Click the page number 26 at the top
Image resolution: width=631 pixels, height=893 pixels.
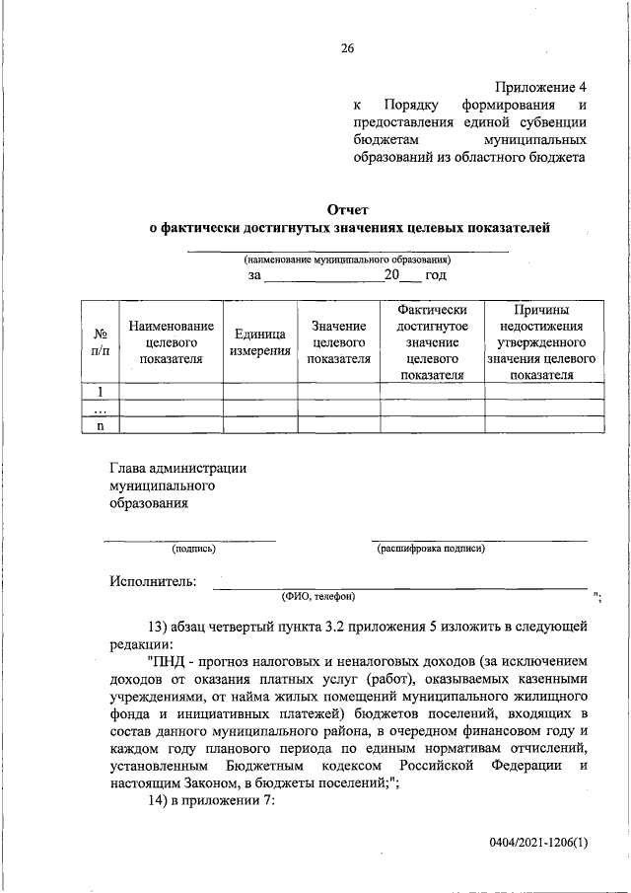(x=347, y=48)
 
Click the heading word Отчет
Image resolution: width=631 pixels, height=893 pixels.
(x=348, y=209)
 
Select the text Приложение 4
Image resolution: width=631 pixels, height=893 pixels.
(x=541, y=86)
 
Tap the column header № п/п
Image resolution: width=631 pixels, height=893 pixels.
(x=100, y=341)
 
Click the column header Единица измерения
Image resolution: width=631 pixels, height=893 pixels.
(x=260, y=341)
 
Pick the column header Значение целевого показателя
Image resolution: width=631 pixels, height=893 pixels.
(x=339, y=341)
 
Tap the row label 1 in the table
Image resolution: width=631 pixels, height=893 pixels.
(x=100, y=391)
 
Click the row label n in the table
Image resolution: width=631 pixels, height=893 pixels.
(x=100, y=425)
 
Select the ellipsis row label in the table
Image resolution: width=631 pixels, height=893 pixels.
(x=100, y=409)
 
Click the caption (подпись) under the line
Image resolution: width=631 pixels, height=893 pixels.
(x=193, y=548)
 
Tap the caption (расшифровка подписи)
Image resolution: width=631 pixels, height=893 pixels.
(x=431, y=548)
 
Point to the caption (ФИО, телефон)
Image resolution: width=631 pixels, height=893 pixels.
(x=317, y=596)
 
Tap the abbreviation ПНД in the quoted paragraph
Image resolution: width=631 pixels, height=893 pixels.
(x=167, y=659)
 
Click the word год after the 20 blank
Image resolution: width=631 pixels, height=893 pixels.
(x=436, y=275)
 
